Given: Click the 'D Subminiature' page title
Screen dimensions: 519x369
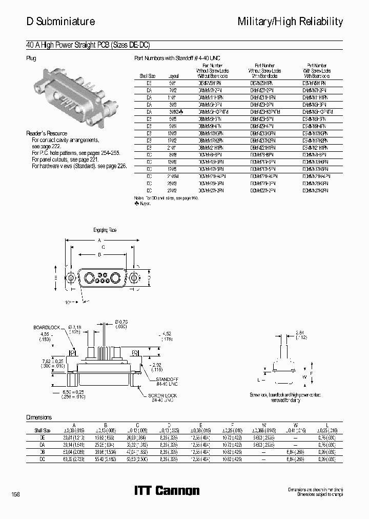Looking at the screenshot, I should point(60,21).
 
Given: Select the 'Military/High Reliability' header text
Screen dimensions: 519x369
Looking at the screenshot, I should point(290,21).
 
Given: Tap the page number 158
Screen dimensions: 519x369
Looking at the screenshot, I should point(15,493).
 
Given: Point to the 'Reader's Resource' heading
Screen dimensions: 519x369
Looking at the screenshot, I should point(47,133).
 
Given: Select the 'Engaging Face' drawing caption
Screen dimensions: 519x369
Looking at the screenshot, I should point(105,230).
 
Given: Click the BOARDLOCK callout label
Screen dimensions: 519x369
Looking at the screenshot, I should point(47,327).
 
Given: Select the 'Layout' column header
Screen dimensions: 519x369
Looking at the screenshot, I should point(172,75).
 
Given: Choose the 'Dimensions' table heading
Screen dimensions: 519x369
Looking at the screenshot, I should point(39,417).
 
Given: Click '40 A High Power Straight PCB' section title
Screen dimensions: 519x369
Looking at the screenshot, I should point(88,45).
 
